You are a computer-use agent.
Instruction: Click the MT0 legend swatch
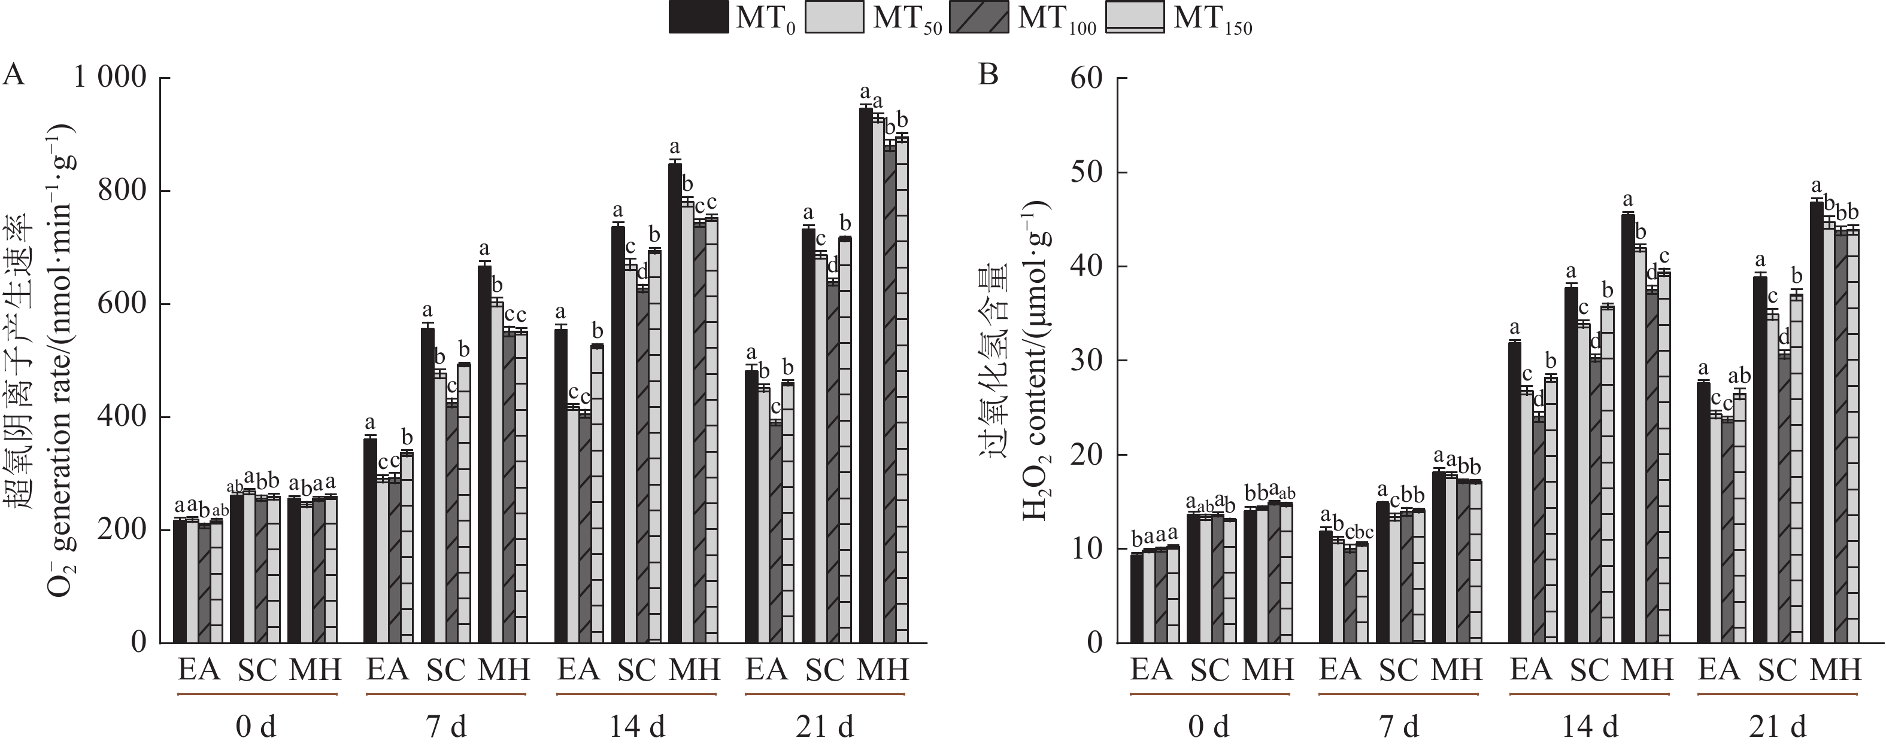point(699,17)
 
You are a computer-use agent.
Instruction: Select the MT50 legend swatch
point(835,17)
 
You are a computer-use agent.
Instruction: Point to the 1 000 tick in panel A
point(110,77)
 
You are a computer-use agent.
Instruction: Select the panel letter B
point(989,75)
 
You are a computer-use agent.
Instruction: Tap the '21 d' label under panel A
point(825,727)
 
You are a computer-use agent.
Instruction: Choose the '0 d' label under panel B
point(1209,727)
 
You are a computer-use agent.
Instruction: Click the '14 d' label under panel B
point(1590,727)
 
